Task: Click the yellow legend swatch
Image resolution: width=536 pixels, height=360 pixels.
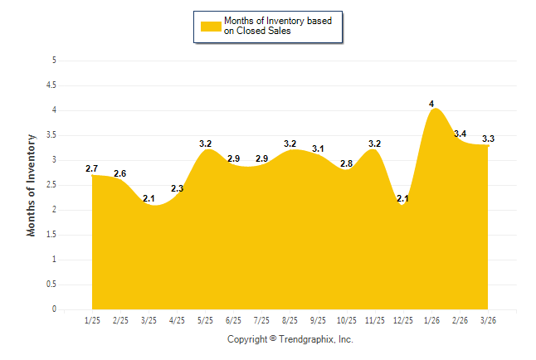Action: (x=211, y=27)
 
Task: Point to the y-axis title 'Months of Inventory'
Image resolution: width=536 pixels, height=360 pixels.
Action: (x=32, y=185)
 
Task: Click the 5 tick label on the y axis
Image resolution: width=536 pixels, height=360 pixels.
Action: (x=54, y=61)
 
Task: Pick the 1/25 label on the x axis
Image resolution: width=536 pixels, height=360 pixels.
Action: (x=93, y=320)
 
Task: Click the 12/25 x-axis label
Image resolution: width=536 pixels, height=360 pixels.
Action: (x=402, y=320)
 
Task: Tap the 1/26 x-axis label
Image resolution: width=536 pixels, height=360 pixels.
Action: (x=431, y=320)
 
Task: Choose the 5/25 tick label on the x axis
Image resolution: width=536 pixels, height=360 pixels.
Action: (x=206, y=320)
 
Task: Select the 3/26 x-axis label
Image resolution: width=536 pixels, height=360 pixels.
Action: (x=488, y=320)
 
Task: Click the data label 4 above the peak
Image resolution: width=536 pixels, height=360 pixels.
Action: (x=431, y=104)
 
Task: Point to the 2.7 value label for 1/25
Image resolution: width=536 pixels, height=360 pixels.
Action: (x=92, y=169)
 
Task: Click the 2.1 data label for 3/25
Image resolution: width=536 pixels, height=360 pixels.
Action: (x=149, y=199)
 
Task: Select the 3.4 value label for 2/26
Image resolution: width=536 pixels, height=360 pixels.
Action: (x=460, y=134)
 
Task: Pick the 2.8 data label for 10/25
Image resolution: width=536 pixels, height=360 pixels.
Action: (x=347, y=163)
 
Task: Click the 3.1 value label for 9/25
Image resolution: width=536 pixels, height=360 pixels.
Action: (x=319, y=149)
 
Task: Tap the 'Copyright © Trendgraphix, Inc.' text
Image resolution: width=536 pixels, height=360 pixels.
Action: (x=290, y=339)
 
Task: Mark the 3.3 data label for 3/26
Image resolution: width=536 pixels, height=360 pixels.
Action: (x=488, y=139)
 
